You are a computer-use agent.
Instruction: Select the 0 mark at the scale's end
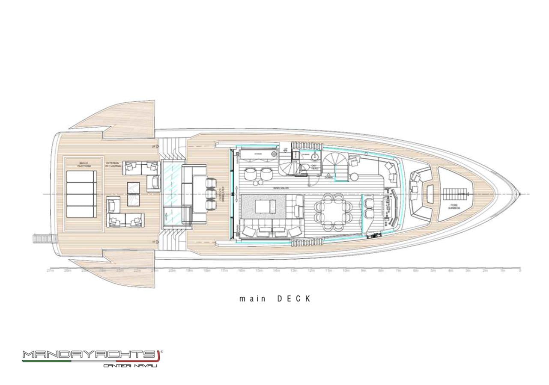point(520,271)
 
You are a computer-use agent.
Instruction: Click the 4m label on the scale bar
point(450,271)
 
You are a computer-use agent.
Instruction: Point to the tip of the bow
point(520,195)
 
